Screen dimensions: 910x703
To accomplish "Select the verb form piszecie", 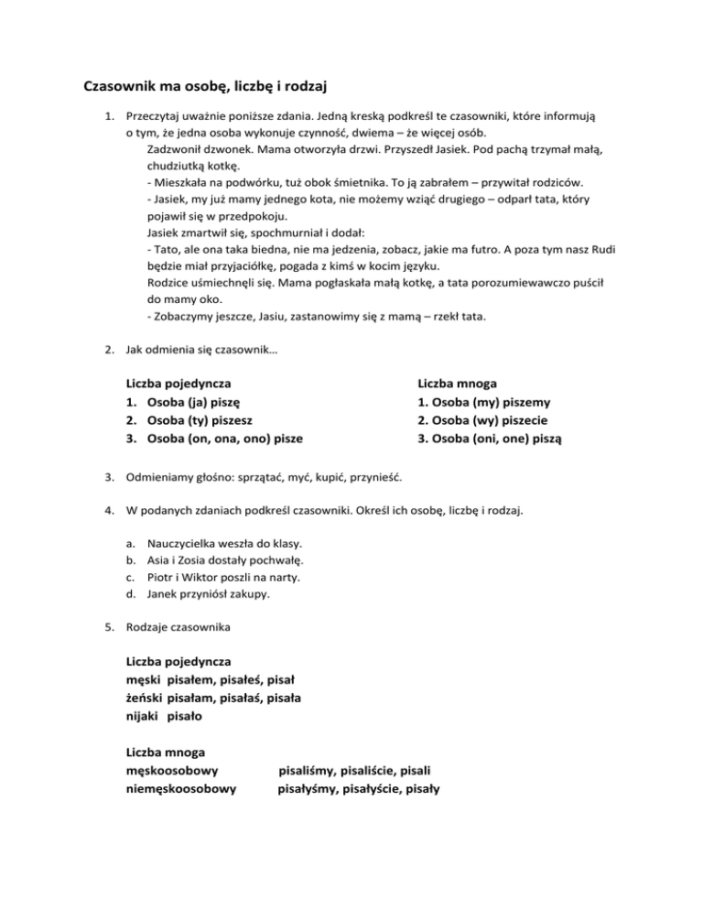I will click(x=532, y=420).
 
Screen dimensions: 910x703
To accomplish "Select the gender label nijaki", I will click(x=143, y=715).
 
